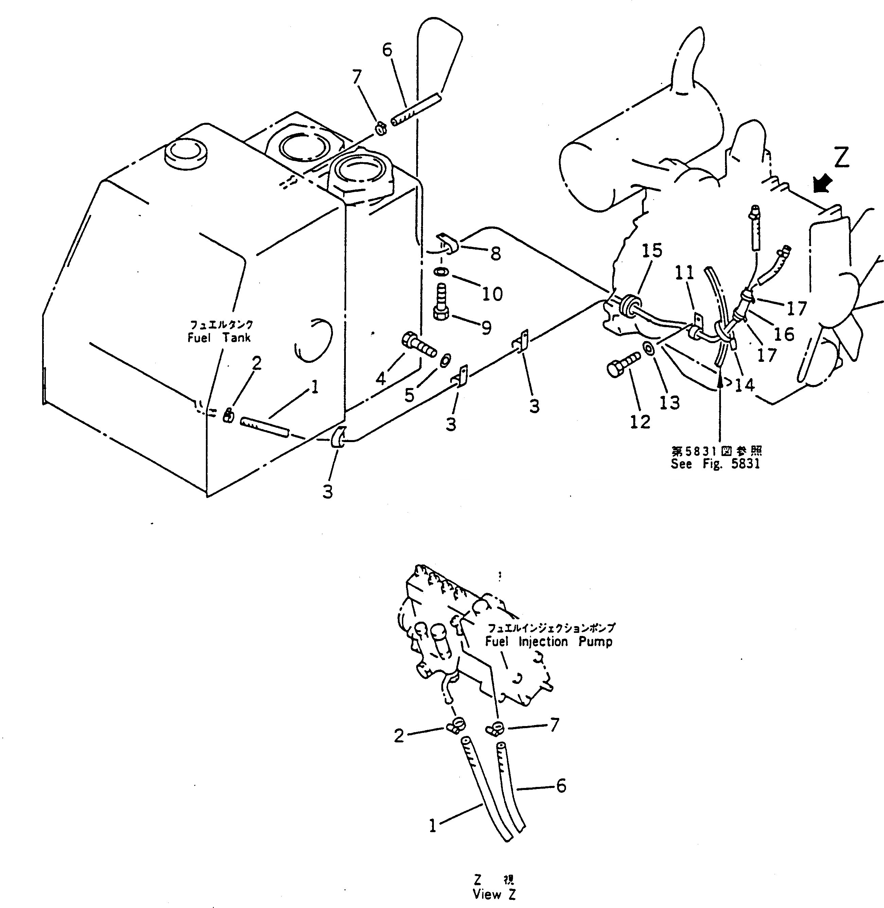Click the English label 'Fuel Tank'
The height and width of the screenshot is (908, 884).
[219, 338]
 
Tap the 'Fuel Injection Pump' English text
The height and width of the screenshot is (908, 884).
[549, 642]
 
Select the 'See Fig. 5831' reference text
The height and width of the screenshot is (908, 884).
[715, 464]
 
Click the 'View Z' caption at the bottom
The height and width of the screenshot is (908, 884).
[494, 894]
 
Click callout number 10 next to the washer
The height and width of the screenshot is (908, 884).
[492, 294]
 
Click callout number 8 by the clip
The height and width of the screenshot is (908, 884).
[495, 254]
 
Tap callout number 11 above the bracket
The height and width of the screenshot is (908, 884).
[684, 273]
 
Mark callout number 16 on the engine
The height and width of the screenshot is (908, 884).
[784, 333]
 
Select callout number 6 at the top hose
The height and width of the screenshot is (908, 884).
[387, 50]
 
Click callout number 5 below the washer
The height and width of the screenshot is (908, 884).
[409, 395]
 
